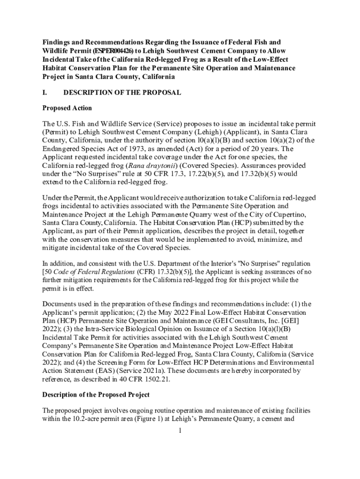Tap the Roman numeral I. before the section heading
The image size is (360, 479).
[x=45, y=93]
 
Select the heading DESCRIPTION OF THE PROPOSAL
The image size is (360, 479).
[x=122, y=93]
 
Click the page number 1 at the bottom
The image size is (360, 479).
[x=180, y=430]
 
